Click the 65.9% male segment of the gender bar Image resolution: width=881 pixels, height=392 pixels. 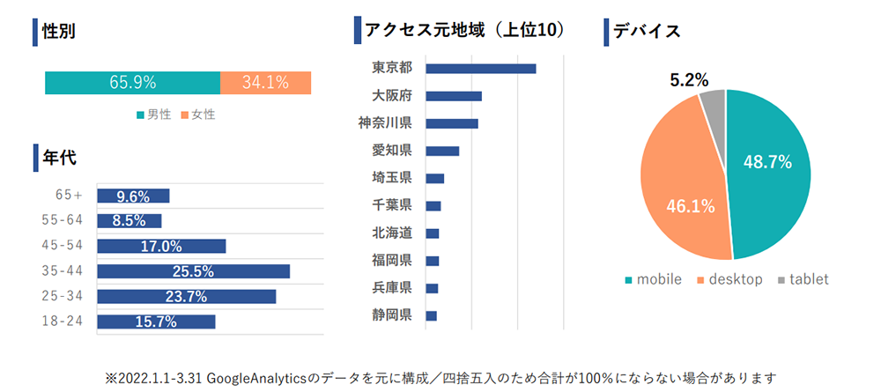tap(132, 83)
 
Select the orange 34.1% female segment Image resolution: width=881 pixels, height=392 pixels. tap(265, 83)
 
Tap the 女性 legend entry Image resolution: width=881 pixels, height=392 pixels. tap(198, 115)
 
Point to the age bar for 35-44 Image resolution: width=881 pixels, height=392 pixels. tap(193, 271)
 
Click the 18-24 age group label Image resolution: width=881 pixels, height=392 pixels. tap(63, 322)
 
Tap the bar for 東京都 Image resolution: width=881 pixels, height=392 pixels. tap(480, 69)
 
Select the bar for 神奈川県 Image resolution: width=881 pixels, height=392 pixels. tap(451, 123)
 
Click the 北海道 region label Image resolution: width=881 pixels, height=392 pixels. tap(392, 233)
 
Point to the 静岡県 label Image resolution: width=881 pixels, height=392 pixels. tap(392, 315)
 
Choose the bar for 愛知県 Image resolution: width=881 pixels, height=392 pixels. tap(441, 151)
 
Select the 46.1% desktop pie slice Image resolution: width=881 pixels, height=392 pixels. tap(678, 194)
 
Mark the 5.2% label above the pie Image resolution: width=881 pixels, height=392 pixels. tap(689, 80)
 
